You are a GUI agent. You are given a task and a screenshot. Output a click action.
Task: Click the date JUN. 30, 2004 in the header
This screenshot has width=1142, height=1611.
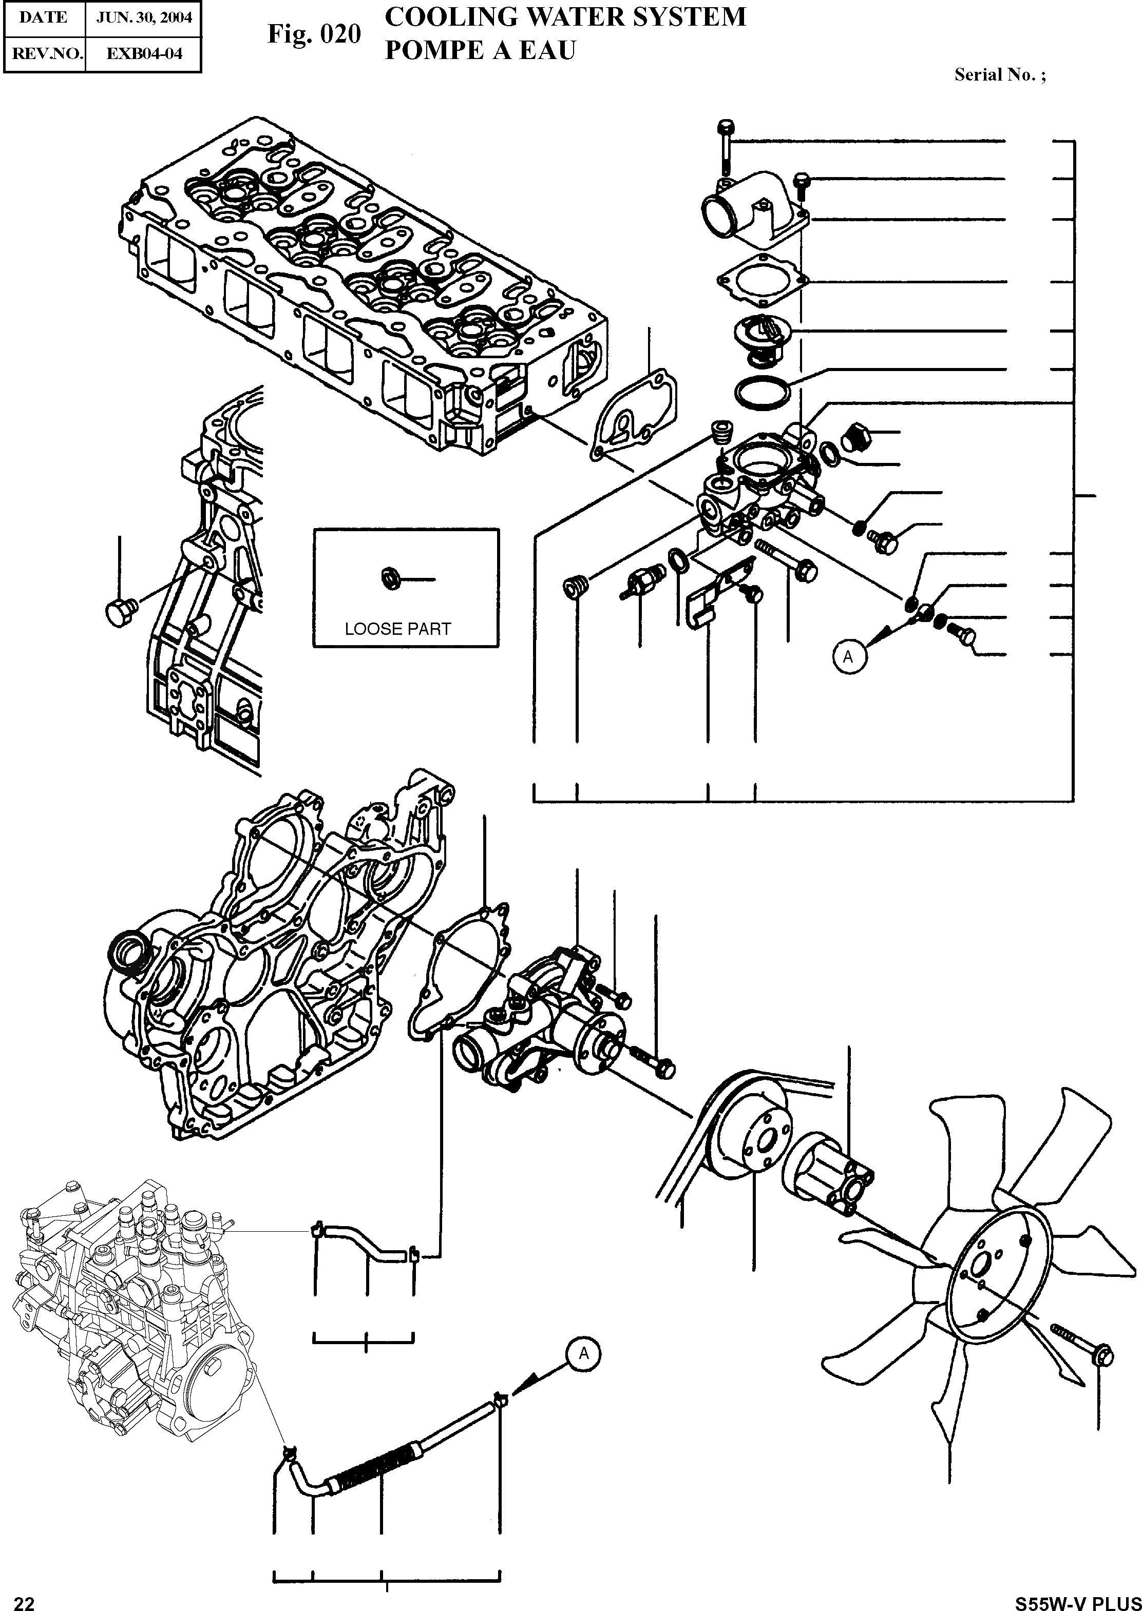(143, 17)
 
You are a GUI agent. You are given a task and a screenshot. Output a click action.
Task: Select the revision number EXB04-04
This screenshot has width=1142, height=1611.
(143, 53)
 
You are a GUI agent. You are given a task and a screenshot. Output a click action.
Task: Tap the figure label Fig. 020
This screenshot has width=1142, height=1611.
(314, 34)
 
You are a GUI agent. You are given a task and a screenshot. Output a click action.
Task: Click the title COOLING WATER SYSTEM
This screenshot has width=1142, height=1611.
(565, 17)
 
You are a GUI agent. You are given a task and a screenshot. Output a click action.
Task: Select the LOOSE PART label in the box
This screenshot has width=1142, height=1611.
(397, 629)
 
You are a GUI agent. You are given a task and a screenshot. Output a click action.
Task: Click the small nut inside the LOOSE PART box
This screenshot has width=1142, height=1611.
(388, 578)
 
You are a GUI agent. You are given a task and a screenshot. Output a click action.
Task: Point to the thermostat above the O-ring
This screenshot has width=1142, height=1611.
(762, 336)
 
